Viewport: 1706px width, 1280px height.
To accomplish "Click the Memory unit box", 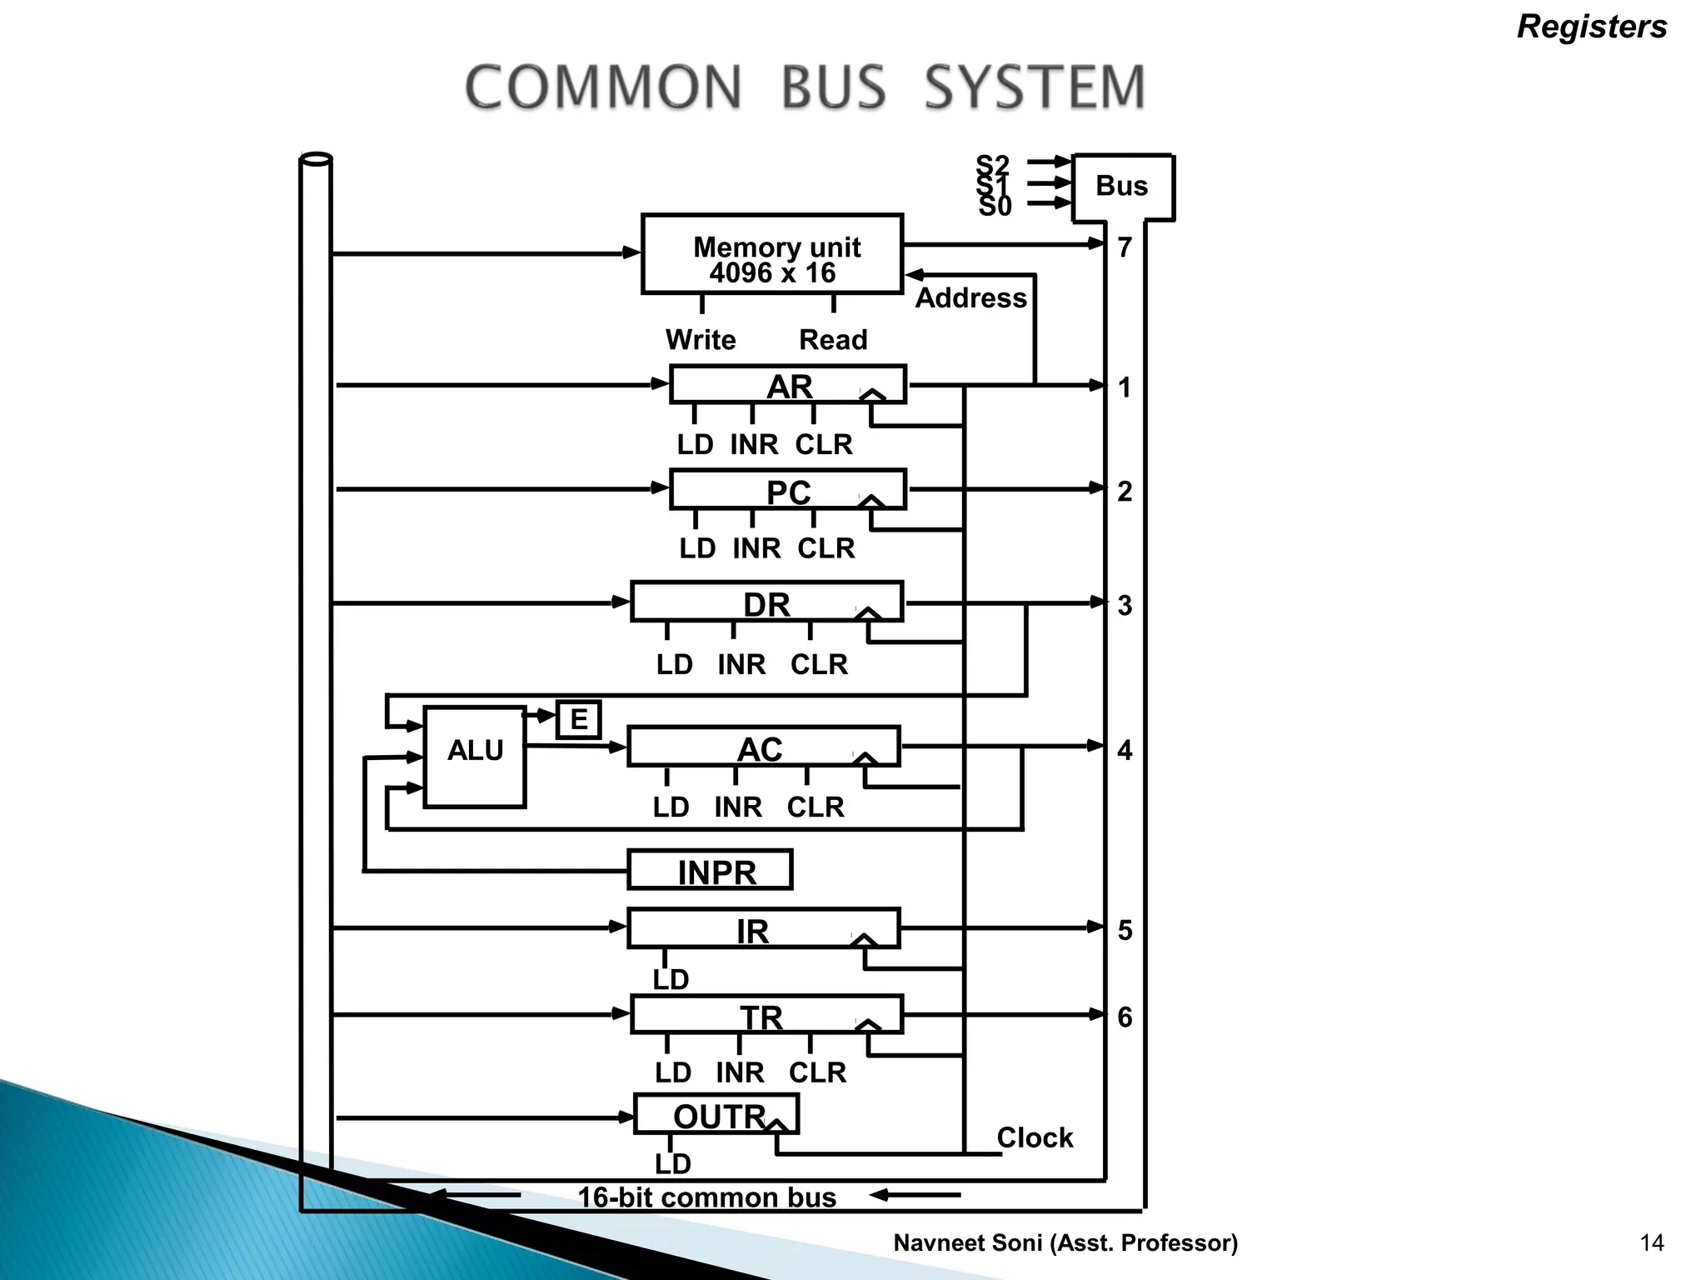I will (772, 254).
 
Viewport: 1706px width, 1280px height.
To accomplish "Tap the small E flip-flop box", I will (578, 719).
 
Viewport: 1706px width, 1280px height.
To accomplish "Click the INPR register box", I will (710, 871).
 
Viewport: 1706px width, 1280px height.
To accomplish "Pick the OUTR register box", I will (716, 1114).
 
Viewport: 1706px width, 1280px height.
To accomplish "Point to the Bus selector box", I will (1122, 187).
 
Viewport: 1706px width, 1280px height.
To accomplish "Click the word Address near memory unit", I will (970, 298).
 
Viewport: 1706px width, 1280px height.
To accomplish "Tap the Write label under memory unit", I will (701, 340).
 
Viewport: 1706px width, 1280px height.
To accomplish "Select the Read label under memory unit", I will (833, 340).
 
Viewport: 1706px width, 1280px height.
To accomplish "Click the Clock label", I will (1035, 1137).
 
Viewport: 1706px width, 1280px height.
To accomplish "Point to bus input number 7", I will (1125, 247).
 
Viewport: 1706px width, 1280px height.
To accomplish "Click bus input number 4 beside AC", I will (1125, 750).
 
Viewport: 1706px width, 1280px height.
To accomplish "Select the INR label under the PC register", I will (756, 548).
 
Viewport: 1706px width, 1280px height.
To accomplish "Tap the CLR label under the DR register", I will (819, 664).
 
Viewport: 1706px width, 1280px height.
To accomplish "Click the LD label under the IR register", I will (671, 980).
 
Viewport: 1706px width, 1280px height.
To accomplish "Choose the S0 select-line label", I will (995, 207).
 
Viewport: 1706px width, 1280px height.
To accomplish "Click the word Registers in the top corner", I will (1592, 27).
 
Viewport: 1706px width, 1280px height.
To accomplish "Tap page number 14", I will (1651, 1243).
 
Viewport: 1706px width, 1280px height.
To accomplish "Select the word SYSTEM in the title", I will (1035, 87).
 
